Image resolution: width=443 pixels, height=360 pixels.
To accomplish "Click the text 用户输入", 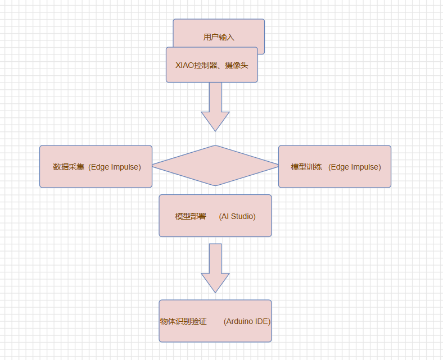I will (219, 38).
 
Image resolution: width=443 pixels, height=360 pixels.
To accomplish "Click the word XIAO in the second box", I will (184, 65).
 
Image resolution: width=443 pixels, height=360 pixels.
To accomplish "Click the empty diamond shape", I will (215, 166).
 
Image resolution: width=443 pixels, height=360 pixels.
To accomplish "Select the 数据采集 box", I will (96, 166).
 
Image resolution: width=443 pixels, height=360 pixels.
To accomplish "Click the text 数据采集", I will (69, 167).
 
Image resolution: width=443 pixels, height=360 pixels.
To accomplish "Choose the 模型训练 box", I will (334, 166).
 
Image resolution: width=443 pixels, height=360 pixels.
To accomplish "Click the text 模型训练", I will (306, 167).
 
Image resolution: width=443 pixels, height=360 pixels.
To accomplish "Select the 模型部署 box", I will (215, 216).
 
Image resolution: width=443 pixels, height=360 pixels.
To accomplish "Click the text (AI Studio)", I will (237, 216).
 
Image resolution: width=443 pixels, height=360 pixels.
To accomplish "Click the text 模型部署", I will (191, 216).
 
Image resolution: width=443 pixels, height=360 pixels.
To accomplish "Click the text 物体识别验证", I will (183, 322).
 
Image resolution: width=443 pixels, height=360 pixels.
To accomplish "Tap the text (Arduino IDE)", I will (247, 322).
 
